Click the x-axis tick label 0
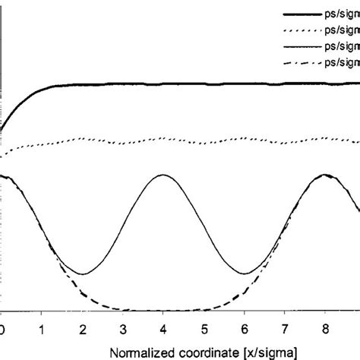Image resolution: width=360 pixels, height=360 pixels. click(3, 329)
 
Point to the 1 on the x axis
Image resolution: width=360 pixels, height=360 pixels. click(43, 329)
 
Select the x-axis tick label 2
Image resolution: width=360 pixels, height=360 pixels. click(83, 329)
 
